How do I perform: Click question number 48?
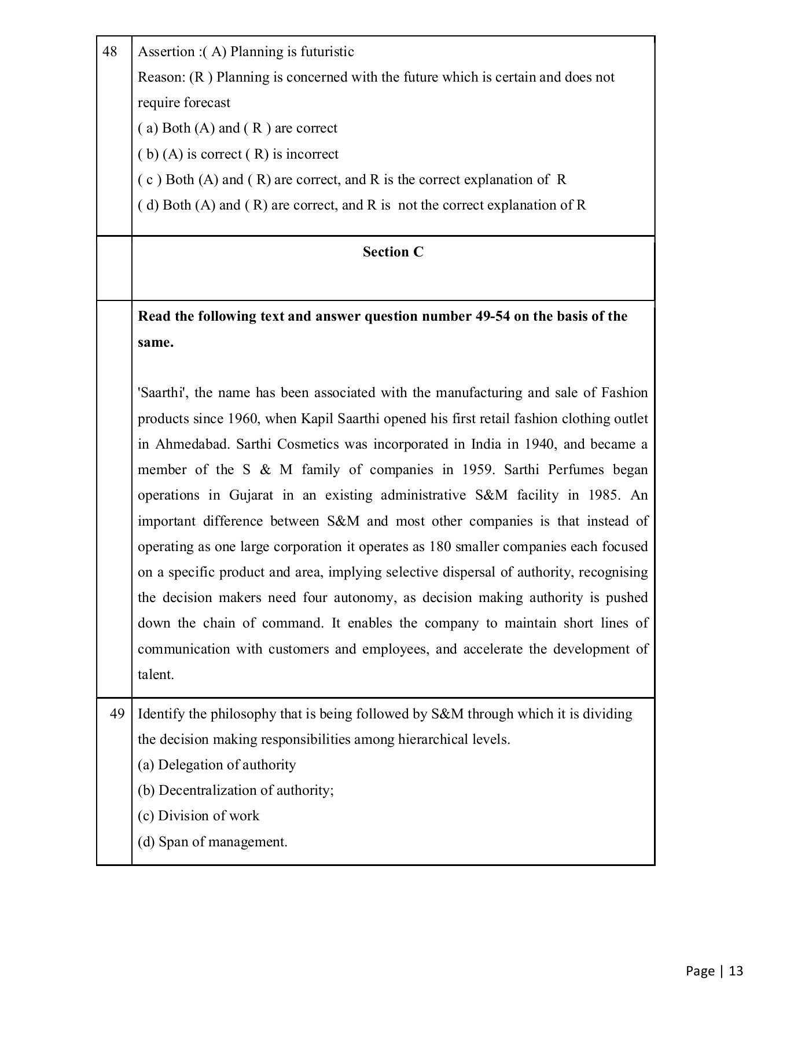click(109, 52)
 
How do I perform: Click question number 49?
click(117, 714)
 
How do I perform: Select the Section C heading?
click(393, 252)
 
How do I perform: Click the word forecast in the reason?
click(207, 102)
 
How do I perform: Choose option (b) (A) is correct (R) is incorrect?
click(238, 154)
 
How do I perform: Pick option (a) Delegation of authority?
click(216, 765)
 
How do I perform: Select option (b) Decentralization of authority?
click(236, 790)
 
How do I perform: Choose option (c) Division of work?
click(199, 816)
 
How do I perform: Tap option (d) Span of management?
click(212, 842)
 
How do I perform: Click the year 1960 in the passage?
click(242, 419)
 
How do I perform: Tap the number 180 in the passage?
click(440, 546)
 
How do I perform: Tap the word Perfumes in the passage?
click(576, 469)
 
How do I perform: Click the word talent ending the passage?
click(156, 674)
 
